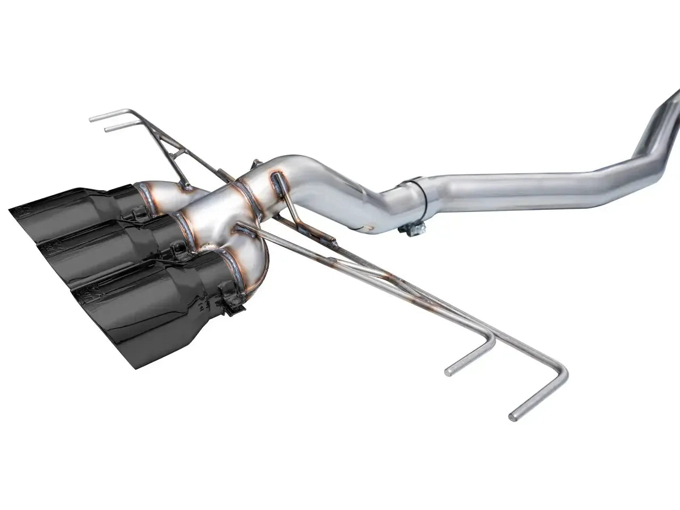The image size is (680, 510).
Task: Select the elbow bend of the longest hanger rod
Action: pyautogui.click(x=562, y=370)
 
